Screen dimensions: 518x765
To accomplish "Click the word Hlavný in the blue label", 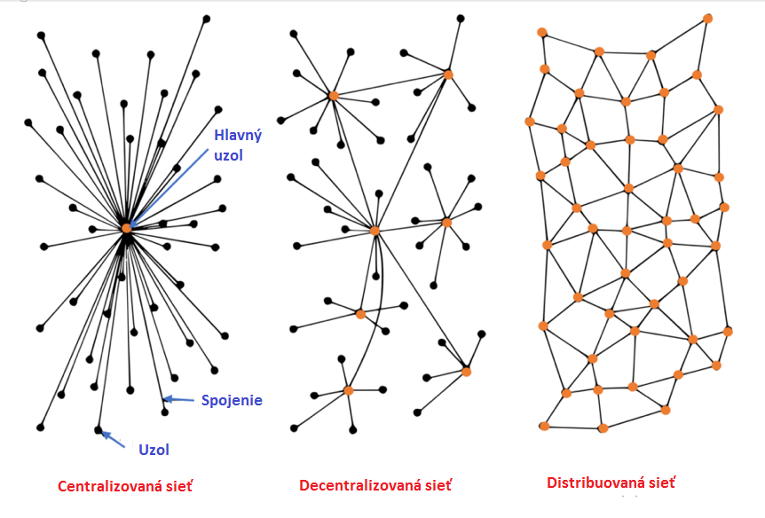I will coord(239,135).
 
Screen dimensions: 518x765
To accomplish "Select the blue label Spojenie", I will coord(232,400).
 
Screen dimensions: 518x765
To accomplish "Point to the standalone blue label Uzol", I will coord(154,449).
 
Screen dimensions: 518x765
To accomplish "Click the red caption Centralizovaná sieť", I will coord(125,486).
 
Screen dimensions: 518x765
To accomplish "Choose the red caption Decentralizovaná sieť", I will coord(375,485).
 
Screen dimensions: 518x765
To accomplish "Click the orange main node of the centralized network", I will coord(126,228).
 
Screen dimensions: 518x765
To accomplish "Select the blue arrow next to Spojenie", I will coord(181,400).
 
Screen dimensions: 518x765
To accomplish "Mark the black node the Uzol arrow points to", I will coord(99,430).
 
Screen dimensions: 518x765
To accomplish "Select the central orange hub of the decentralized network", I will coord(375,231).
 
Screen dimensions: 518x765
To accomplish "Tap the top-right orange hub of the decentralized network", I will coord(448,75).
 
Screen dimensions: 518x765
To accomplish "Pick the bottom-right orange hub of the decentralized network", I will coord(466,372).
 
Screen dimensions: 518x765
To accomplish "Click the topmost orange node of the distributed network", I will coord(707,18).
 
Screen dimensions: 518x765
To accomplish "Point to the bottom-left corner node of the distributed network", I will coord(544,427).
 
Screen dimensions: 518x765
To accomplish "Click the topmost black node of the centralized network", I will coord(206,18).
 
